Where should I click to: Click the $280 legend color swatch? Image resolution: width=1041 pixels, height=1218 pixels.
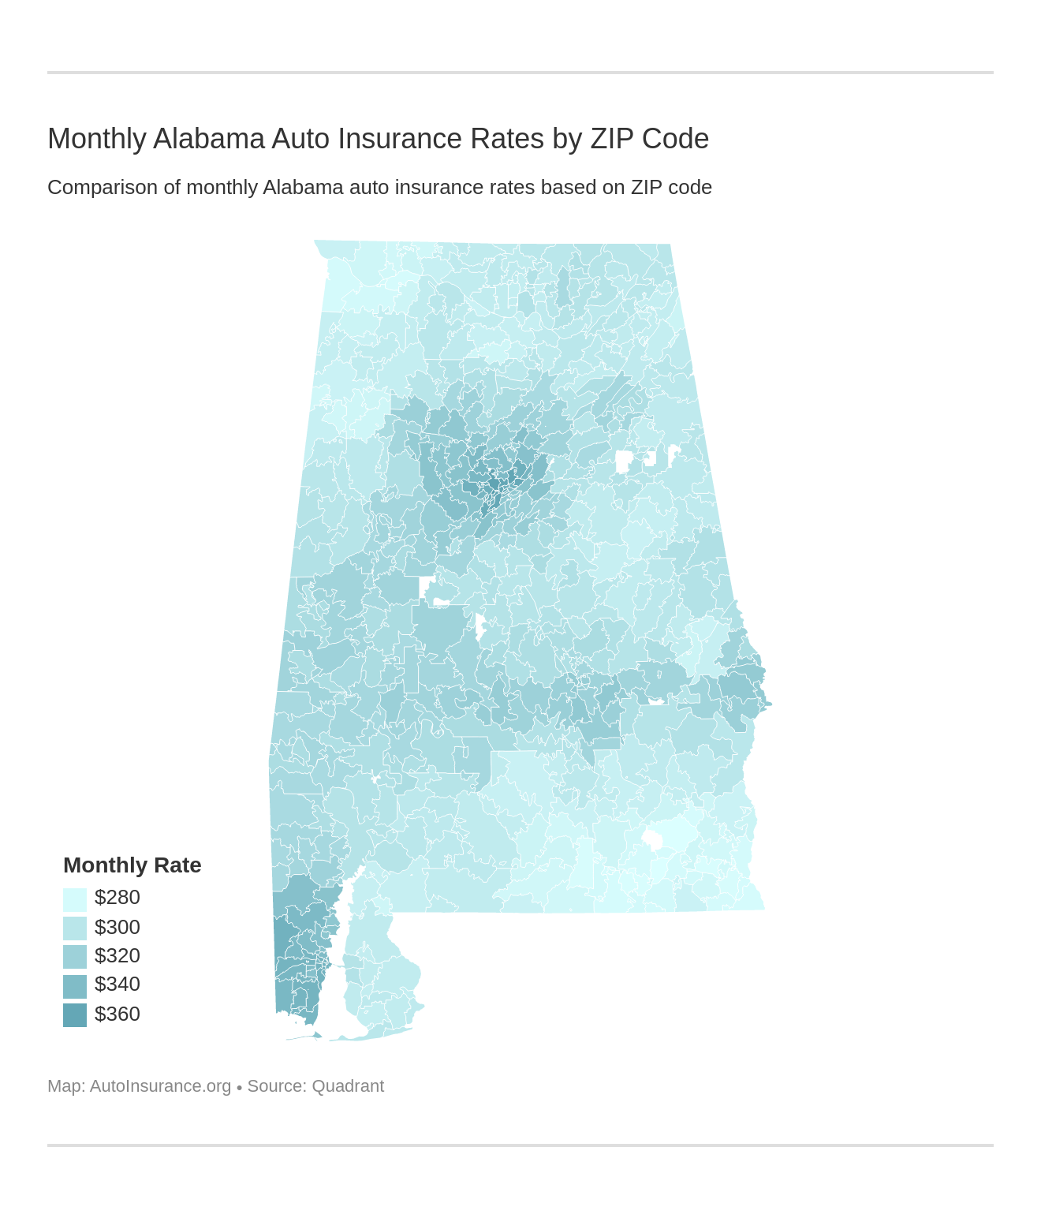[75, 899]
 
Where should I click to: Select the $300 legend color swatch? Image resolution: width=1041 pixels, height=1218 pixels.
[75, 928]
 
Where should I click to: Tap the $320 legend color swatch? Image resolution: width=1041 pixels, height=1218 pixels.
[75, 957]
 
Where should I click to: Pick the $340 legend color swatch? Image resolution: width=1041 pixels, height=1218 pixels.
[75, 986]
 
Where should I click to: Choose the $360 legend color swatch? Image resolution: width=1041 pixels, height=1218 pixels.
[75, 1014]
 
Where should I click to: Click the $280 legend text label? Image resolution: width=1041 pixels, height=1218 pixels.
[117, 898]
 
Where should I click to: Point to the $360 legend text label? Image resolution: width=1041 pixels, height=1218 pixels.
[117, 1014]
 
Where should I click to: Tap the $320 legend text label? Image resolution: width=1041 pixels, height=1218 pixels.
[117, 956]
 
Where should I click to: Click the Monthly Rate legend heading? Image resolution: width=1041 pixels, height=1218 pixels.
[132, 865]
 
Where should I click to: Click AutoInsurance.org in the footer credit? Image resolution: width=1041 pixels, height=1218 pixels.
[160, 1086]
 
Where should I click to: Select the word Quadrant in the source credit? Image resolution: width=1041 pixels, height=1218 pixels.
[348, 1086]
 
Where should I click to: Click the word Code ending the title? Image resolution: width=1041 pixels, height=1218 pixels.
[675, 139]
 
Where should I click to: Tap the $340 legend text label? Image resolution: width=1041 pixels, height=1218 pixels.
[117, 984]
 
